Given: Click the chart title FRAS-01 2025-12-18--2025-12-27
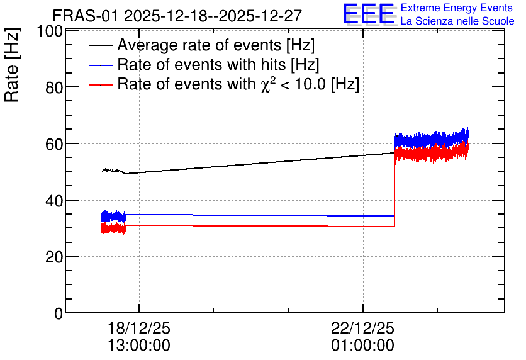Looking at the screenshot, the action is pyautogui.click(x=177, y=16).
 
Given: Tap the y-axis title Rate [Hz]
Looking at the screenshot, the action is pyautogui.click(x=12, y=65).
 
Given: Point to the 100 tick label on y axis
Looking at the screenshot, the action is pyautogui.click(x=50, y=31).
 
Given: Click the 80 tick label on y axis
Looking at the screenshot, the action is pyautogui.click(x=54, y=88).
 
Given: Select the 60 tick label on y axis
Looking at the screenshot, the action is pyautogui.click(x=54, y=144).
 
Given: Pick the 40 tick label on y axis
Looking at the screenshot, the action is pyautogui.click(x=54, y=201).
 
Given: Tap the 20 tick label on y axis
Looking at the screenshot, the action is pyautogui.click(x=54, y=257).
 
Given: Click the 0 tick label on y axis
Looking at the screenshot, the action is pyautogui.click(x=59, y=313).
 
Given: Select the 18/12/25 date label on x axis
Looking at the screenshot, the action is pyautogui.click(x=139, y=328).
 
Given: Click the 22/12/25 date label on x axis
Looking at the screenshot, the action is pyautogui.click(x=362, y=328).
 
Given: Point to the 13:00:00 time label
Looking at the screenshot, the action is pyautogui.click(x=139, y=346).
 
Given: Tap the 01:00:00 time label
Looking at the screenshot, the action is pyautogui.click(x=362, y=346).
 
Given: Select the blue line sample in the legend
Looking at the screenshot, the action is pyautogui.click(x=101, y=65).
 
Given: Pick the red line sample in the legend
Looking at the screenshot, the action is pyautogui.click(x=101, y=85).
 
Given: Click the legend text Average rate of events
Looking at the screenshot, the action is pyautogui.click(x=199, y=45).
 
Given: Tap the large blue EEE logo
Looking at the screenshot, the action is pyautogui.click(x=369, y=14).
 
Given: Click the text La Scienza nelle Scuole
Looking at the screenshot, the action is pyautogui.click(x=457, y=21).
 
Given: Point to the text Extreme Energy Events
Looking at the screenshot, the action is pyautogui.click(x=457, y=8).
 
